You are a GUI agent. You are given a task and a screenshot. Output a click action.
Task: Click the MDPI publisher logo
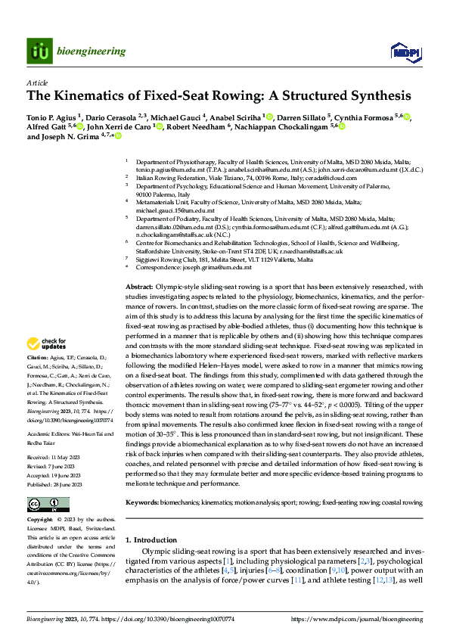point(402,51)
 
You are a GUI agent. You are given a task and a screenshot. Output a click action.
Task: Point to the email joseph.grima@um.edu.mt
point(219,268)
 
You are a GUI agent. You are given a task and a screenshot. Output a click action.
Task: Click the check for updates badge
point(47,346)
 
